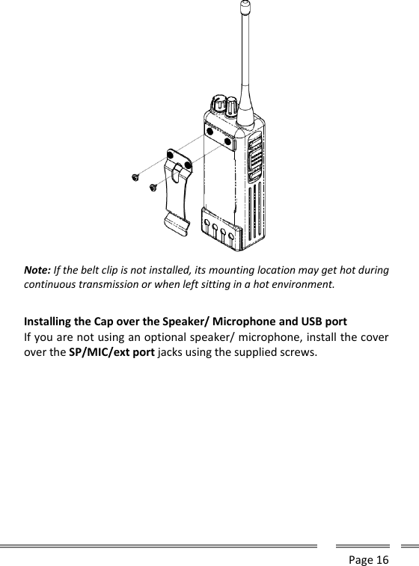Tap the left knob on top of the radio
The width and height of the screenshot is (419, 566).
coord(219,105)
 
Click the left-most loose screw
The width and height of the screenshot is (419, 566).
coord(135,177)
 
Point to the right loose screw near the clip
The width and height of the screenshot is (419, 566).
coord(153,187)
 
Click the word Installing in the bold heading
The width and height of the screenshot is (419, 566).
coord(51,323)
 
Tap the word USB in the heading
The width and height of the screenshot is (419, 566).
coord(308,323)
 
